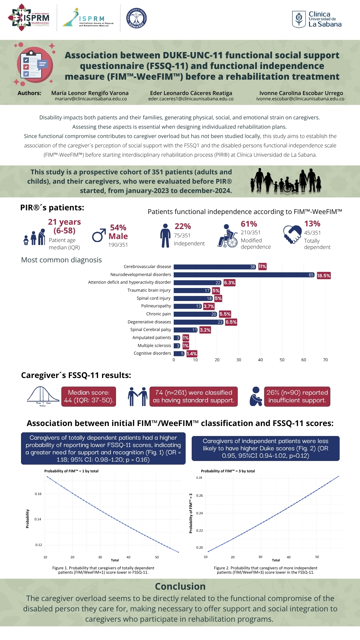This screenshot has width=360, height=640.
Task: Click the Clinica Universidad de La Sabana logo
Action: click(x=317, y=19)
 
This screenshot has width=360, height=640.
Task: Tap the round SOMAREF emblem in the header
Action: click(x=137, y=18)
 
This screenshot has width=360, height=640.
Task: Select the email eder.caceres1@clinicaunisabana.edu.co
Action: click(x=191, y=99)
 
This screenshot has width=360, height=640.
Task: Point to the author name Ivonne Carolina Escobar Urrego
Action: click(x=301, y=93)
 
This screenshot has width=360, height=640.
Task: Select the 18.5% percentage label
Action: click(x=323, y=276)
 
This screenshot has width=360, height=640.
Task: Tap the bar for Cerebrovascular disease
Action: click(x=215, y=267)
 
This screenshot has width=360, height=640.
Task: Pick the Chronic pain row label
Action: click(x=158, y=314)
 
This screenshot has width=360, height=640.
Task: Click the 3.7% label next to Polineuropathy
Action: click(x=209, y=306)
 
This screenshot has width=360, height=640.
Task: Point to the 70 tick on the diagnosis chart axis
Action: click(x=325, y=360)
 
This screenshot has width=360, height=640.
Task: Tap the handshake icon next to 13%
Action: click(x=292, y=234)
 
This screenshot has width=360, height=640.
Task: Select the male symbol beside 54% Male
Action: click(x=99, y=235)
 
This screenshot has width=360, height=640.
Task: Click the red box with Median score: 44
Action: click(x=89, y=396)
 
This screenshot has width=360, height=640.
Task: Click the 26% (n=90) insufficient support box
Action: click(x=297, y=396)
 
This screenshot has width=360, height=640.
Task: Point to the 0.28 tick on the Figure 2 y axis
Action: click(x=199, y=478)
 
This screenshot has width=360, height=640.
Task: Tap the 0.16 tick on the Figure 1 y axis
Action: click(x=38, y=494)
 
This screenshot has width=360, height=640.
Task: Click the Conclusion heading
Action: click(x=180, y=586)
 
